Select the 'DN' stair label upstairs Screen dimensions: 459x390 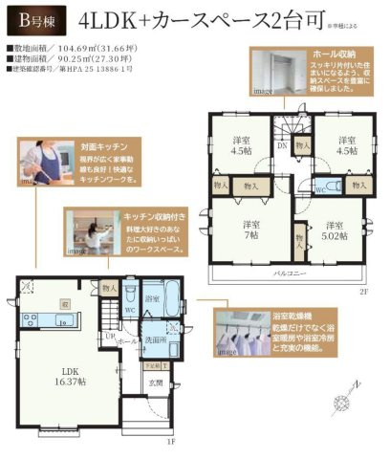pyautogui.click(x=283, y=146)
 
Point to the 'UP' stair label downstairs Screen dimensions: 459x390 pyautogui.click(x=110, y=336)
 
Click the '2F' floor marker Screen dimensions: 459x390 pyautogui.click(x=364, y=291)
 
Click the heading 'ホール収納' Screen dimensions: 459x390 pyautogui.click(x=336, y=56)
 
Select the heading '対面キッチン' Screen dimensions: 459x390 pyautogui.click(x=65, y=151)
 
